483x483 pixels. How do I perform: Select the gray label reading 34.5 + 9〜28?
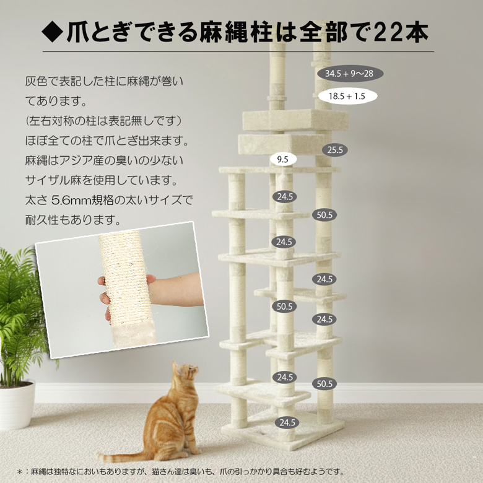[x=350, y=74]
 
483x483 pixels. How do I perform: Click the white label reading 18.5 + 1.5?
[x=347, y=97]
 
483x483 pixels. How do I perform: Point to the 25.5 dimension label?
[x=335, y=150]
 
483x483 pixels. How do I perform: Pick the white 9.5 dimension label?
[x=283, y=160]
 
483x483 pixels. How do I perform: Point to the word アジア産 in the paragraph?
[x=93, y=161]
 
